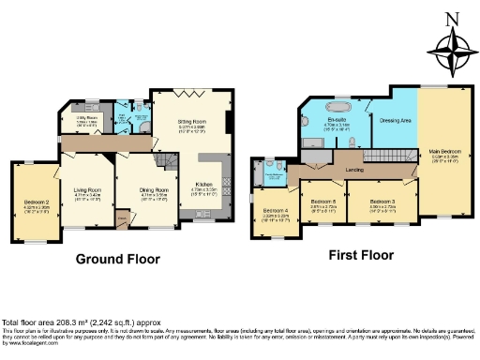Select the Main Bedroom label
(x=444, y=150)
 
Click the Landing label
(x=354, y=169)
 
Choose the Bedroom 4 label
(x=275, y=210)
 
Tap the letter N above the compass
(x=452, y=19)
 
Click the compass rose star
(x=452, y=48)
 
